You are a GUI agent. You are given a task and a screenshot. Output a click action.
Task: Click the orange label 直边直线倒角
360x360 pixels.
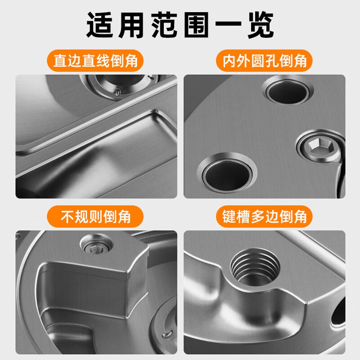(95, 61)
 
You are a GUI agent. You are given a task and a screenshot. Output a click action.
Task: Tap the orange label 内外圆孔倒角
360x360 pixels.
(264, 61)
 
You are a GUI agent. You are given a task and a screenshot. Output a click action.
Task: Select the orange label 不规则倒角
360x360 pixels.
(95, 216)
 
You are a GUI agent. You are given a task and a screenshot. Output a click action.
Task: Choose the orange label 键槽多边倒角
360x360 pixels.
(264, 216)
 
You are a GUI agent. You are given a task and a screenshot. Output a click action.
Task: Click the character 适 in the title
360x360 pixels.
(100, 25)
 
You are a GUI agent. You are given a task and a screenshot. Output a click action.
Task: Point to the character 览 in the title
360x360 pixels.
(261, 25)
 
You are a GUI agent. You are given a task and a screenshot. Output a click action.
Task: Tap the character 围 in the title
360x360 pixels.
(196, 25)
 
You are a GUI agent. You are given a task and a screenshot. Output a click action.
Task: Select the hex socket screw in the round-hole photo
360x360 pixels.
(318, 146)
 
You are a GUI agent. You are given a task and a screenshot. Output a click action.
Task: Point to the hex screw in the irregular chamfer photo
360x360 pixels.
(96, 245)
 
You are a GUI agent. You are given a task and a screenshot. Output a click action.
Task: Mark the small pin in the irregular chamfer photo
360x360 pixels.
(167, 334)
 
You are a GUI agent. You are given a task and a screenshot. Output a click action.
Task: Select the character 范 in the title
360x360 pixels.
(164, 25)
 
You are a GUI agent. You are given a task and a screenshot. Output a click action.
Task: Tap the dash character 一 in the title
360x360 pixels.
(229, 23)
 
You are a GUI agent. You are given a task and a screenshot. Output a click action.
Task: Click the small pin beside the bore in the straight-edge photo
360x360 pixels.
(117, 93)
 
